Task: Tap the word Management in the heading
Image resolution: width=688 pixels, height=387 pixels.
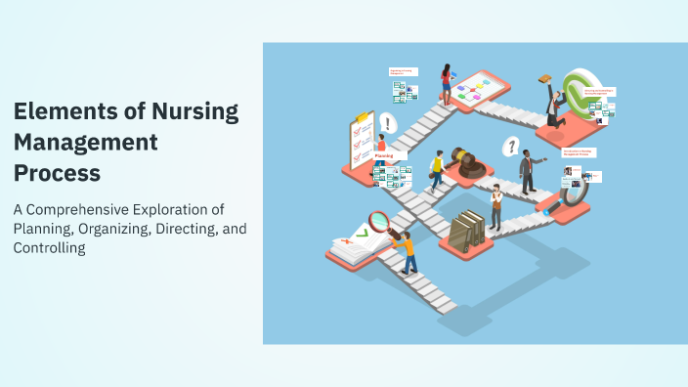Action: pyautogui.click(x=86, y=143)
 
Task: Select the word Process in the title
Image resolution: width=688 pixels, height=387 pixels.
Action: pyautogui.click(x=57, y=174)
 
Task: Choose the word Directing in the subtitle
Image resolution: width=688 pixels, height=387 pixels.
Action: pyautogui.click(x=166, y=229)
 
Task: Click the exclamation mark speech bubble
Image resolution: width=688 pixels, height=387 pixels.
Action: pyautogui.click(x=388, y=124)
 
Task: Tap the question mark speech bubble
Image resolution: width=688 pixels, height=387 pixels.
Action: pyautogui.click(x=508, y=147)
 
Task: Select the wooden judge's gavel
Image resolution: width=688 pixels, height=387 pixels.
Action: pyautogui.click(x=465, y=162)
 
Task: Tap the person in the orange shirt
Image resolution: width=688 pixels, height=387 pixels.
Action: pyautogui.click(x=406, y=249)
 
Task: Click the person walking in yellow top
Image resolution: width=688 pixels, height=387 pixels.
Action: pyautogui.click(x=437, y=170)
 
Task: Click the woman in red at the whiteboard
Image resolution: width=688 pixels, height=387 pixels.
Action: pyautogui.click(x=447, y=82)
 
